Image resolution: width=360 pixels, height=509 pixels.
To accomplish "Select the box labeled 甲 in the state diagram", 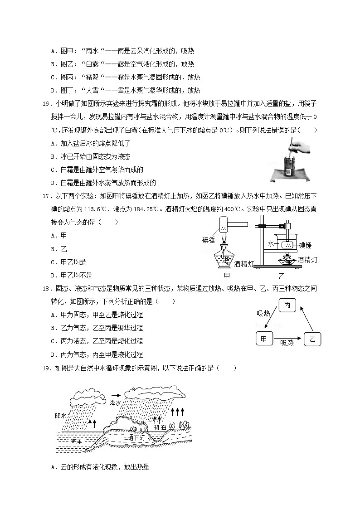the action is point(263,339).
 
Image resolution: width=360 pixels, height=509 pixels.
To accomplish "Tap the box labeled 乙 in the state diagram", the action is point(312,339).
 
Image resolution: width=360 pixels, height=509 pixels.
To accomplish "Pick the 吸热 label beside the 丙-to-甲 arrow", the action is point(263,313).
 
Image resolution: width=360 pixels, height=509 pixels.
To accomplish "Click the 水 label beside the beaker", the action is point(271,244).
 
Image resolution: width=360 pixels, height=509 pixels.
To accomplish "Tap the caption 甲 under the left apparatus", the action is point(227,276).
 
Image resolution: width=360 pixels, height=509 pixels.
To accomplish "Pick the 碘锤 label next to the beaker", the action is point(305,245).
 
